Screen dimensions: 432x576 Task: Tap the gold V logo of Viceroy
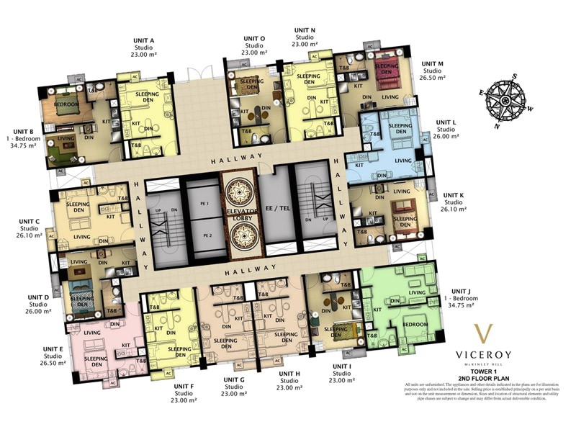pyautogui.click(x=486, y=336)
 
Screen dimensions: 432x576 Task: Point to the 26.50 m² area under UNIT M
pyautogui.click(x=432, y=78)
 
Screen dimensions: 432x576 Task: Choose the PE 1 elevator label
pyautogui.click(x=207, y=204)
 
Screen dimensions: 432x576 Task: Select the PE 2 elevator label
pyautogui.click(x=207, y=235)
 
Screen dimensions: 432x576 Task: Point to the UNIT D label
pyautogui.click(x=38, y=296)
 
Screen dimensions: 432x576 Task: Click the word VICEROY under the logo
pyautogui.click(x=486, y=354)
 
